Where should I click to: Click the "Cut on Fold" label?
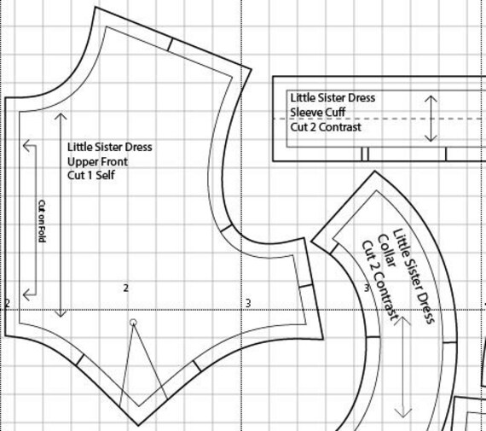click(41, 219)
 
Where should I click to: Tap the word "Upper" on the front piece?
click(83, 161)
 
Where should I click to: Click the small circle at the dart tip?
click(132, 323)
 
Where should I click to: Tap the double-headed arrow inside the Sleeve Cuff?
click(431, 119)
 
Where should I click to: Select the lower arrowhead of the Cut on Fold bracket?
click(28, 294)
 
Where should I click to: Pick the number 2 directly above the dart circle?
click(125, 288)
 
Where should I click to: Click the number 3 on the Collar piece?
click(367, 288)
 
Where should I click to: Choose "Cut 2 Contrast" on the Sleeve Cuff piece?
click(325, 127)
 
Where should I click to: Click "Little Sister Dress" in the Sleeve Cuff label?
click(332, 98)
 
